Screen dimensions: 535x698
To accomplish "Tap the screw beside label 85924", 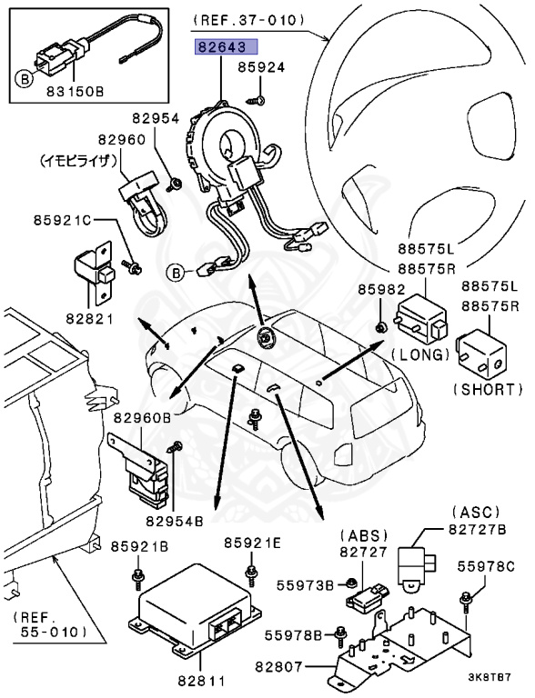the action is coord(257,101).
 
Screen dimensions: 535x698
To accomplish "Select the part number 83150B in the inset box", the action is coord(75,92).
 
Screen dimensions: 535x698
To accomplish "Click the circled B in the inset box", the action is coord(25,80).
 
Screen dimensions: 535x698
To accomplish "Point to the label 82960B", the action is coord(142,418).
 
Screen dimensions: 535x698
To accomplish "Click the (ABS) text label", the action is coord(363,535).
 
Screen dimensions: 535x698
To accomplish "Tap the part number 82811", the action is coord(200,681).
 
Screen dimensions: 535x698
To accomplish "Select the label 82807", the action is coord(278,666).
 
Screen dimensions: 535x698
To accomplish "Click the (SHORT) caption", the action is coord(488,390).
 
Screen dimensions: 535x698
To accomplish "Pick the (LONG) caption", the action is coord(420,354).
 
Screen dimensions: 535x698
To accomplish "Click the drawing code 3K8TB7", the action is coord(490,677).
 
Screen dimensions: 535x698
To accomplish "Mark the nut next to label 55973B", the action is coord(350,583).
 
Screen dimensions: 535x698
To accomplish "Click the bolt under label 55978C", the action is coord(467,599).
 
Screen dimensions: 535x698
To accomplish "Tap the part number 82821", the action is coord(89,319).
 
